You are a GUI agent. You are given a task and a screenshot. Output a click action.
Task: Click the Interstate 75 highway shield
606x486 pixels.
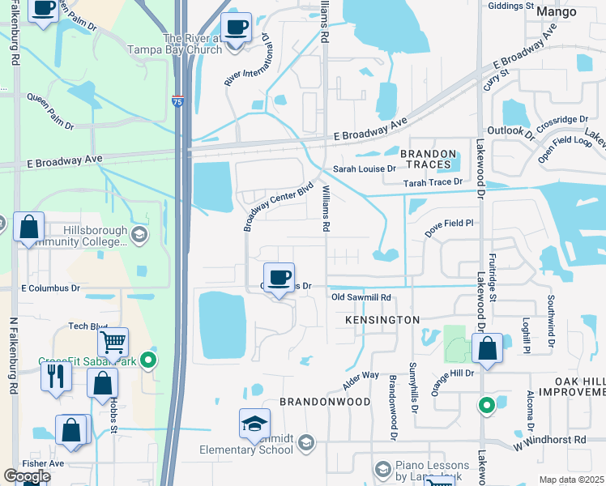coord(177,102)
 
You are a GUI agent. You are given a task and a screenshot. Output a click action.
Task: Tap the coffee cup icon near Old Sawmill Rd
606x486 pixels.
coord(279,279)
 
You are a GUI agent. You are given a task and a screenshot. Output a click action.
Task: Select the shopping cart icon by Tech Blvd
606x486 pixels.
coord(113,343)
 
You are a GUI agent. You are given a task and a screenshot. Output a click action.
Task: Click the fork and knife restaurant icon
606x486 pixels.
coord(56,377)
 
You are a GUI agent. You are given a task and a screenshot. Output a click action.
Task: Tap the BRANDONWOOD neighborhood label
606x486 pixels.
coord(325,402)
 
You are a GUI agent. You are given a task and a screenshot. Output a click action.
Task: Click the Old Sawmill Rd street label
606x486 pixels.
coord(361,297)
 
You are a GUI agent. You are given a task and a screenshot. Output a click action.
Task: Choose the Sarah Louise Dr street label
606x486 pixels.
coord(364,169)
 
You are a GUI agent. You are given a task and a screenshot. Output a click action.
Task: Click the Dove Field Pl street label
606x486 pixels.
coord(454,228)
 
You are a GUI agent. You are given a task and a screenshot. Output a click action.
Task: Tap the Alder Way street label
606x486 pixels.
coord(361,376)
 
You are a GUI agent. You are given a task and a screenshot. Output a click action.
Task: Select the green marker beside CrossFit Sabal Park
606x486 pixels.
coord(147,360)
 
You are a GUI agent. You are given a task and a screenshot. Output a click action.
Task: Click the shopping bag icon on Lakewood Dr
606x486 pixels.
coord(488,349)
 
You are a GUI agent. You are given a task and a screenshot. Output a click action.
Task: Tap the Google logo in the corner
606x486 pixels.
coord(27,476)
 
